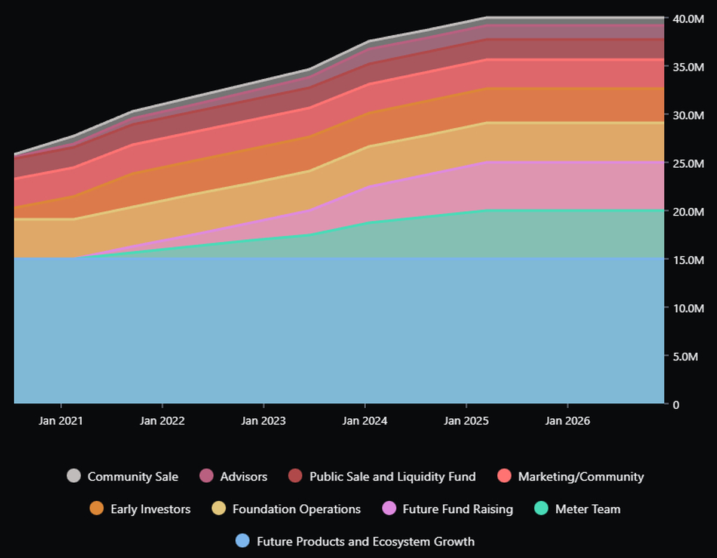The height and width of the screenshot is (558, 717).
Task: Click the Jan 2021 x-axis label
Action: [61, 421]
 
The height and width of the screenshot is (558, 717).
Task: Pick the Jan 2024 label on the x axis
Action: [364, 421]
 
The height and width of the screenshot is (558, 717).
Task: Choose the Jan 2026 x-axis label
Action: [567, 421]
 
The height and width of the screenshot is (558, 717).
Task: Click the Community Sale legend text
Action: [133, 477]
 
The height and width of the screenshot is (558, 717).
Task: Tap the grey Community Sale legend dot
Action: [73, 476]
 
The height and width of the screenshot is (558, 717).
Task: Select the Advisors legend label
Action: [244, 477]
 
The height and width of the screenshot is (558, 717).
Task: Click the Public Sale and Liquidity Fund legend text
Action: [393, 477]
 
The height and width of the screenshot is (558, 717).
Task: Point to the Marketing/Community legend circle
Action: [504, 476]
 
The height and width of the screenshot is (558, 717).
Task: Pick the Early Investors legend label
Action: [151, 509]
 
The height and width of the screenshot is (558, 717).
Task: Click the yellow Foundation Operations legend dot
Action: [219, 508]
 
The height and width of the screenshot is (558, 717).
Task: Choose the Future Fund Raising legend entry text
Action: [458, 509]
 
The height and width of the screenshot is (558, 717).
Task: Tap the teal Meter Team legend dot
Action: [541, 508]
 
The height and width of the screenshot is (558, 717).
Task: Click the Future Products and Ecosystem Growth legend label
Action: [366, 541]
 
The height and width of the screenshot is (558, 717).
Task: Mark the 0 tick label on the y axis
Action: [676, 405]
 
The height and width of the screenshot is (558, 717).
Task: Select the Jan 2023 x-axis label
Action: [263, 421]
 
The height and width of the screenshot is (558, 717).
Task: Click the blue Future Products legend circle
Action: [243, 541]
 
